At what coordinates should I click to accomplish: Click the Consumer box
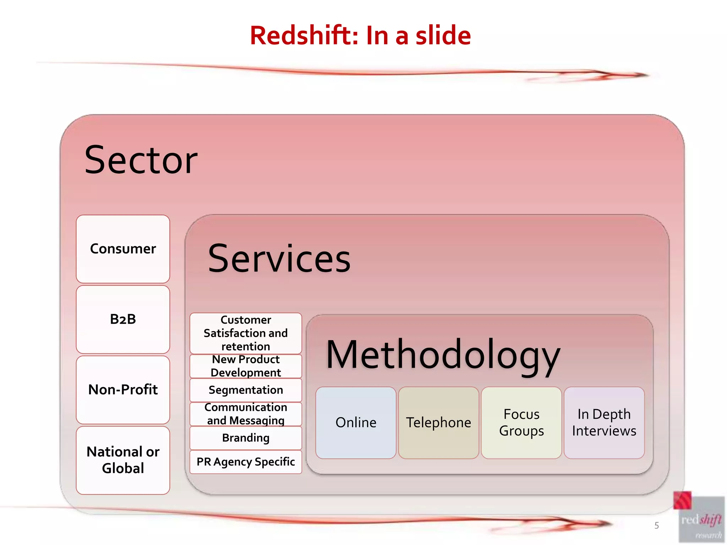pos(123,249)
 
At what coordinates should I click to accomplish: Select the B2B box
pos(123,319)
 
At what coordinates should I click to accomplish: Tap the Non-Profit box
pos(123,390)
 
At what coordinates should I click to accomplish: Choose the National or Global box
pos(123,460)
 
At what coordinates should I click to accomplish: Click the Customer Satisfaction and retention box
pos(246,333)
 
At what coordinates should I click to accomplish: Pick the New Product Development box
pos(246,366)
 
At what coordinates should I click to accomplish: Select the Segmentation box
pos(246,390)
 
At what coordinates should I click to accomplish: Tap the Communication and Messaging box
pos(246,414)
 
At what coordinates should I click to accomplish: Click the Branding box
pos(246,438)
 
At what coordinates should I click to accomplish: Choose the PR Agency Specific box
pos(246,462)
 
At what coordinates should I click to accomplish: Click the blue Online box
pos(356,422)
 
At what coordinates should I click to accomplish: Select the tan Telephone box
pos(438,422)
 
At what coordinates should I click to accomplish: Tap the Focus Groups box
pos(521,422)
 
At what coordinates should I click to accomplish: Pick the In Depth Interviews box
pos(604,422)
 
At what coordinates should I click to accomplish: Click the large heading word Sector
pos(141,160)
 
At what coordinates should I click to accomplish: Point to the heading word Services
pos(279,259)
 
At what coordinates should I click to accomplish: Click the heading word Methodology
pos(443,355)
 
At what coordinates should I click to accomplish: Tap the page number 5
pos(656,525)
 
